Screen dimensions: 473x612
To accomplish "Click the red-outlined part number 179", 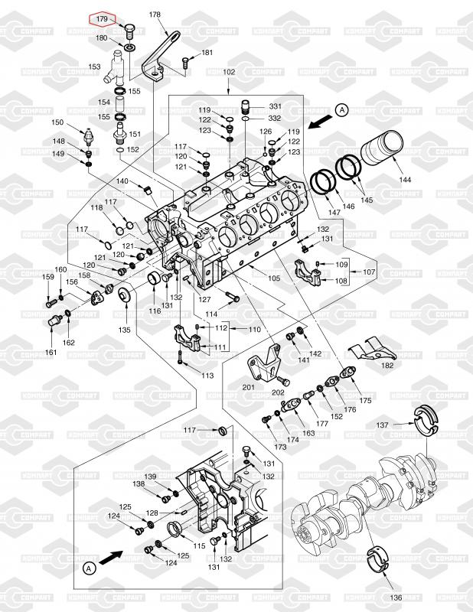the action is click(x=102, y=18).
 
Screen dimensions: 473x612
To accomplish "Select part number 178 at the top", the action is click(x=155, y=15).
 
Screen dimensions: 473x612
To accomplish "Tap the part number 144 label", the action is click(x=405, y=180).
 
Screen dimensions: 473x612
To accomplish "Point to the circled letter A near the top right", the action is click(x=342, y=110).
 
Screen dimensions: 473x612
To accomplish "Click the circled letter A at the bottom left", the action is click(x=90, y=568).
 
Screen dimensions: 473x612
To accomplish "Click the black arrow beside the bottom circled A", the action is click(x=111, y=557).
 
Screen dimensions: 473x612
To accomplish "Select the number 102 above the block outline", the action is click(x=229, y=72).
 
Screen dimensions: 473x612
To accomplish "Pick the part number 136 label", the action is click(x=396, y=597).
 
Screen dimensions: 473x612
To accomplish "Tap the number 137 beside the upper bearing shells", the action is click(x=383, y=425).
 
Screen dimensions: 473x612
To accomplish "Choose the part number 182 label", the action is click(x=387, y=366).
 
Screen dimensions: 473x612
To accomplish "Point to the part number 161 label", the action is click(x=51, y=352).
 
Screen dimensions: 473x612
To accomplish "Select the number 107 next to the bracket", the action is click(x=369, y=272).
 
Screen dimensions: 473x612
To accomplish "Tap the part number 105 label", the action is click(x=274, y=278).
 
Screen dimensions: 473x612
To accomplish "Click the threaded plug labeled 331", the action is click(x=245, y=106).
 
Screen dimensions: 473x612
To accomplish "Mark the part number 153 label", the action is click(x=94, y=67).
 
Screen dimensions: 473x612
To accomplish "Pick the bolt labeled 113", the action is click(x=180, y=357).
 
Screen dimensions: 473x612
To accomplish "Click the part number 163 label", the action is click(x=308, y=433).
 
